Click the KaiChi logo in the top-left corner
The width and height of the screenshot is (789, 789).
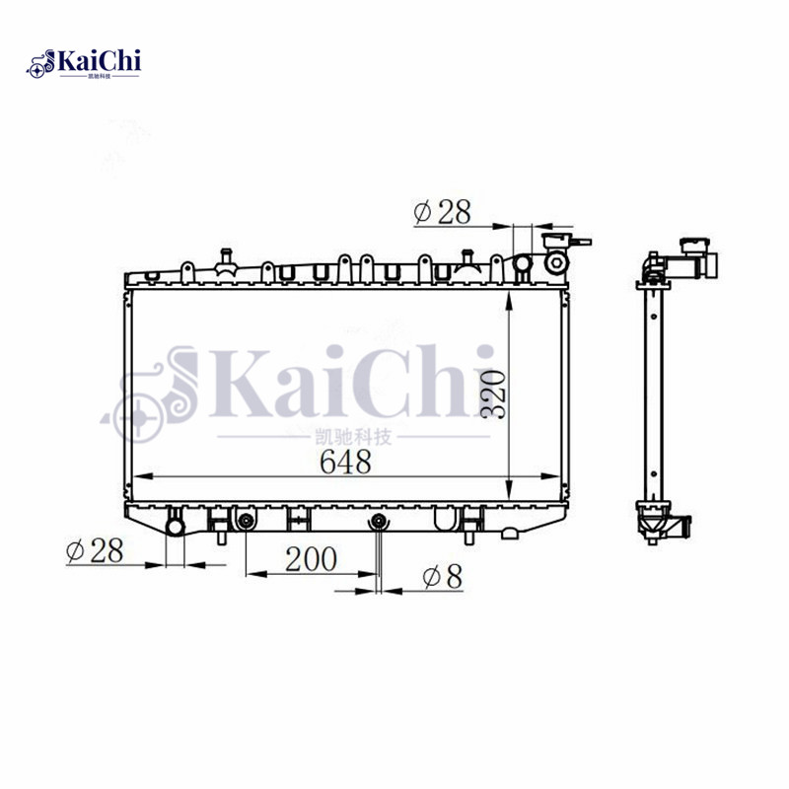tap(84, 64)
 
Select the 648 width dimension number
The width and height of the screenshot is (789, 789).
tap(344, 462)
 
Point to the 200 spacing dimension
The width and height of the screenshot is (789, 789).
tap(311, 559)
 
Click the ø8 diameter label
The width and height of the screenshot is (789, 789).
tap(442, 577)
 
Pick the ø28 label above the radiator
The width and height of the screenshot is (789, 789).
tap(443, 212)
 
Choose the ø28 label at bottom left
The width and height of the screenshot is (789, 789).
tap(95, 551)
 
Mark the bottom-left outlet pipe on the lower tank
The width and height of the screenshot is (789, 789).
tap(176, 526)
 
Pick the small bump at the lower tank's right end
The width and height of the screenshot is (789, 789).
tap(510, 534)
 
